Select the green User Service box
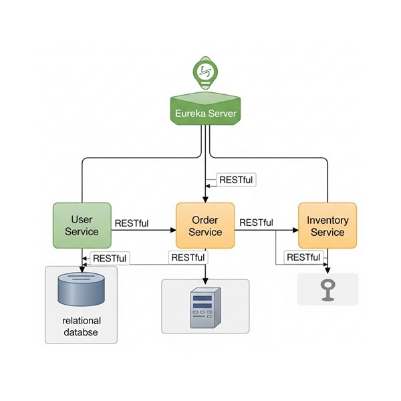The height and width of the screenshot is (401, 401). [x=82, y=225]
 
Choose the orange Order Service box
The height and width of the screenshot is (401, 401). [x=205, y=226]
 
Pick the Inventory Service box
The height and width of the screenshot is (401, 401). [x=327, y=226]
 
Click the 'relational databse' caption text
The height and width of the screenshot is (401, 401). [x=81, y=326]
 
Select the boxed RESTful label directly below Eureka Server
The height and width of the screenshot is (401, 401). [x=236, y=180]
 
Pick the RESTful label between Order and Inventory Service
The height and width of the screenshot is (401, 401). [x=256, y=223]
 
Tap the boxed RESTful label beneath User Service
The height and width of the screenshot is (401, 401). [x=110, y=258]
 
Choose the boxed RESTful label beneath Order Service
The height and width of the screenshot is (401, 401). [x=188, y=257]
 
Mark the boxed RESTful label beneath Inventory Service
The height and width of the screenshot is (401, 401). [x=302, y=257]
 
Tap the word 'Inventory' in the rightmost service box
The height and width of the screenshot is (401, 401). [x=327, y=220]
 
